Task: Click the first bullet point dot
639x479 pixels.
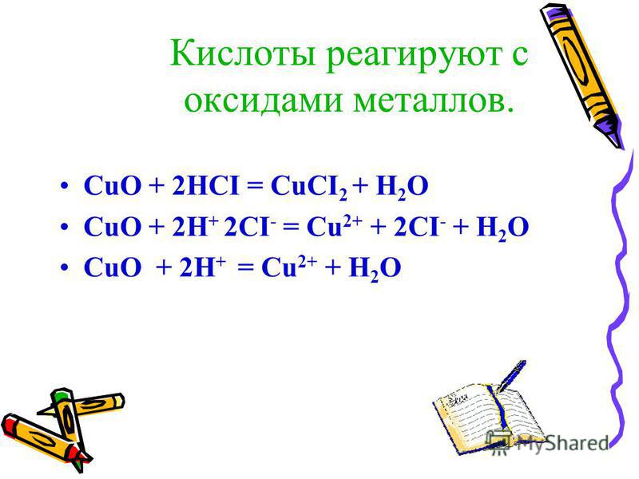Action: coord(63,187)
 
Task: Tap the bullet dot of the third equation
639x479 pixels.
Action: coord(63,267)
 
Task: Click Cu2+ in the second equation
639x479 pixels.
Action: coord(334,225)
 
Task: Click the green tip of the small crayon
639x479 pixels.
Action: coord(61,395)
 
